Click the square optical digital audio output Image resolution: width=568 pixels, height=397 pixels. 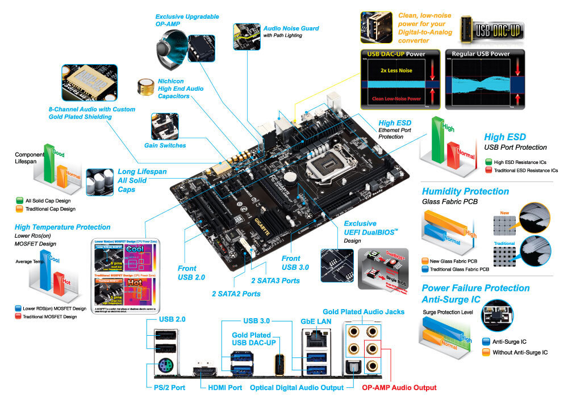point(353,369)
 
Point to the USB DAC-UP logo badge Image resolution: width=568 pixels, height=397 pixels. point(491,29)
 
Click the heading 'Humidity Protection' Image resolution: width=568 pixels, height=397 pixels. point(465,191)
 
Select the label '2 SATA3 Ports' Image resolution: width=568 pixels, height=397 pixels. point(275,280)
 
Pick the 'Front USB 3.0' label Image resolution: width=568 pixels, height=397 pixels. point(295,263)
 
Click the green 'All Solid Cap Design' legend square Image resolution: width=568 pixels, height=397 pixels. point(20,201)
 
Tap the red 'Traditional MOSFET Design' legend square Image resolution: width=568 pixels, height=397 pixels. point(18,316)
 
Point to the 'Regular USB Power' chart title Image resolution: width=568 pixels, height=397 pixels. point(481,54)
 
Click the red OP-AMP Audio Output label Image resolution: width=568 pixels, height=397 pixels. point(399,387)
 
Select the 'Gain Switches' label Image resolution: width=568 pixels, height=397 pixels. point(165,145)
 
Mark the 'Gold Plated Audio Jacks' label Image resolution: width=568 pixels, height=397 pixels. point(364,312)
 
